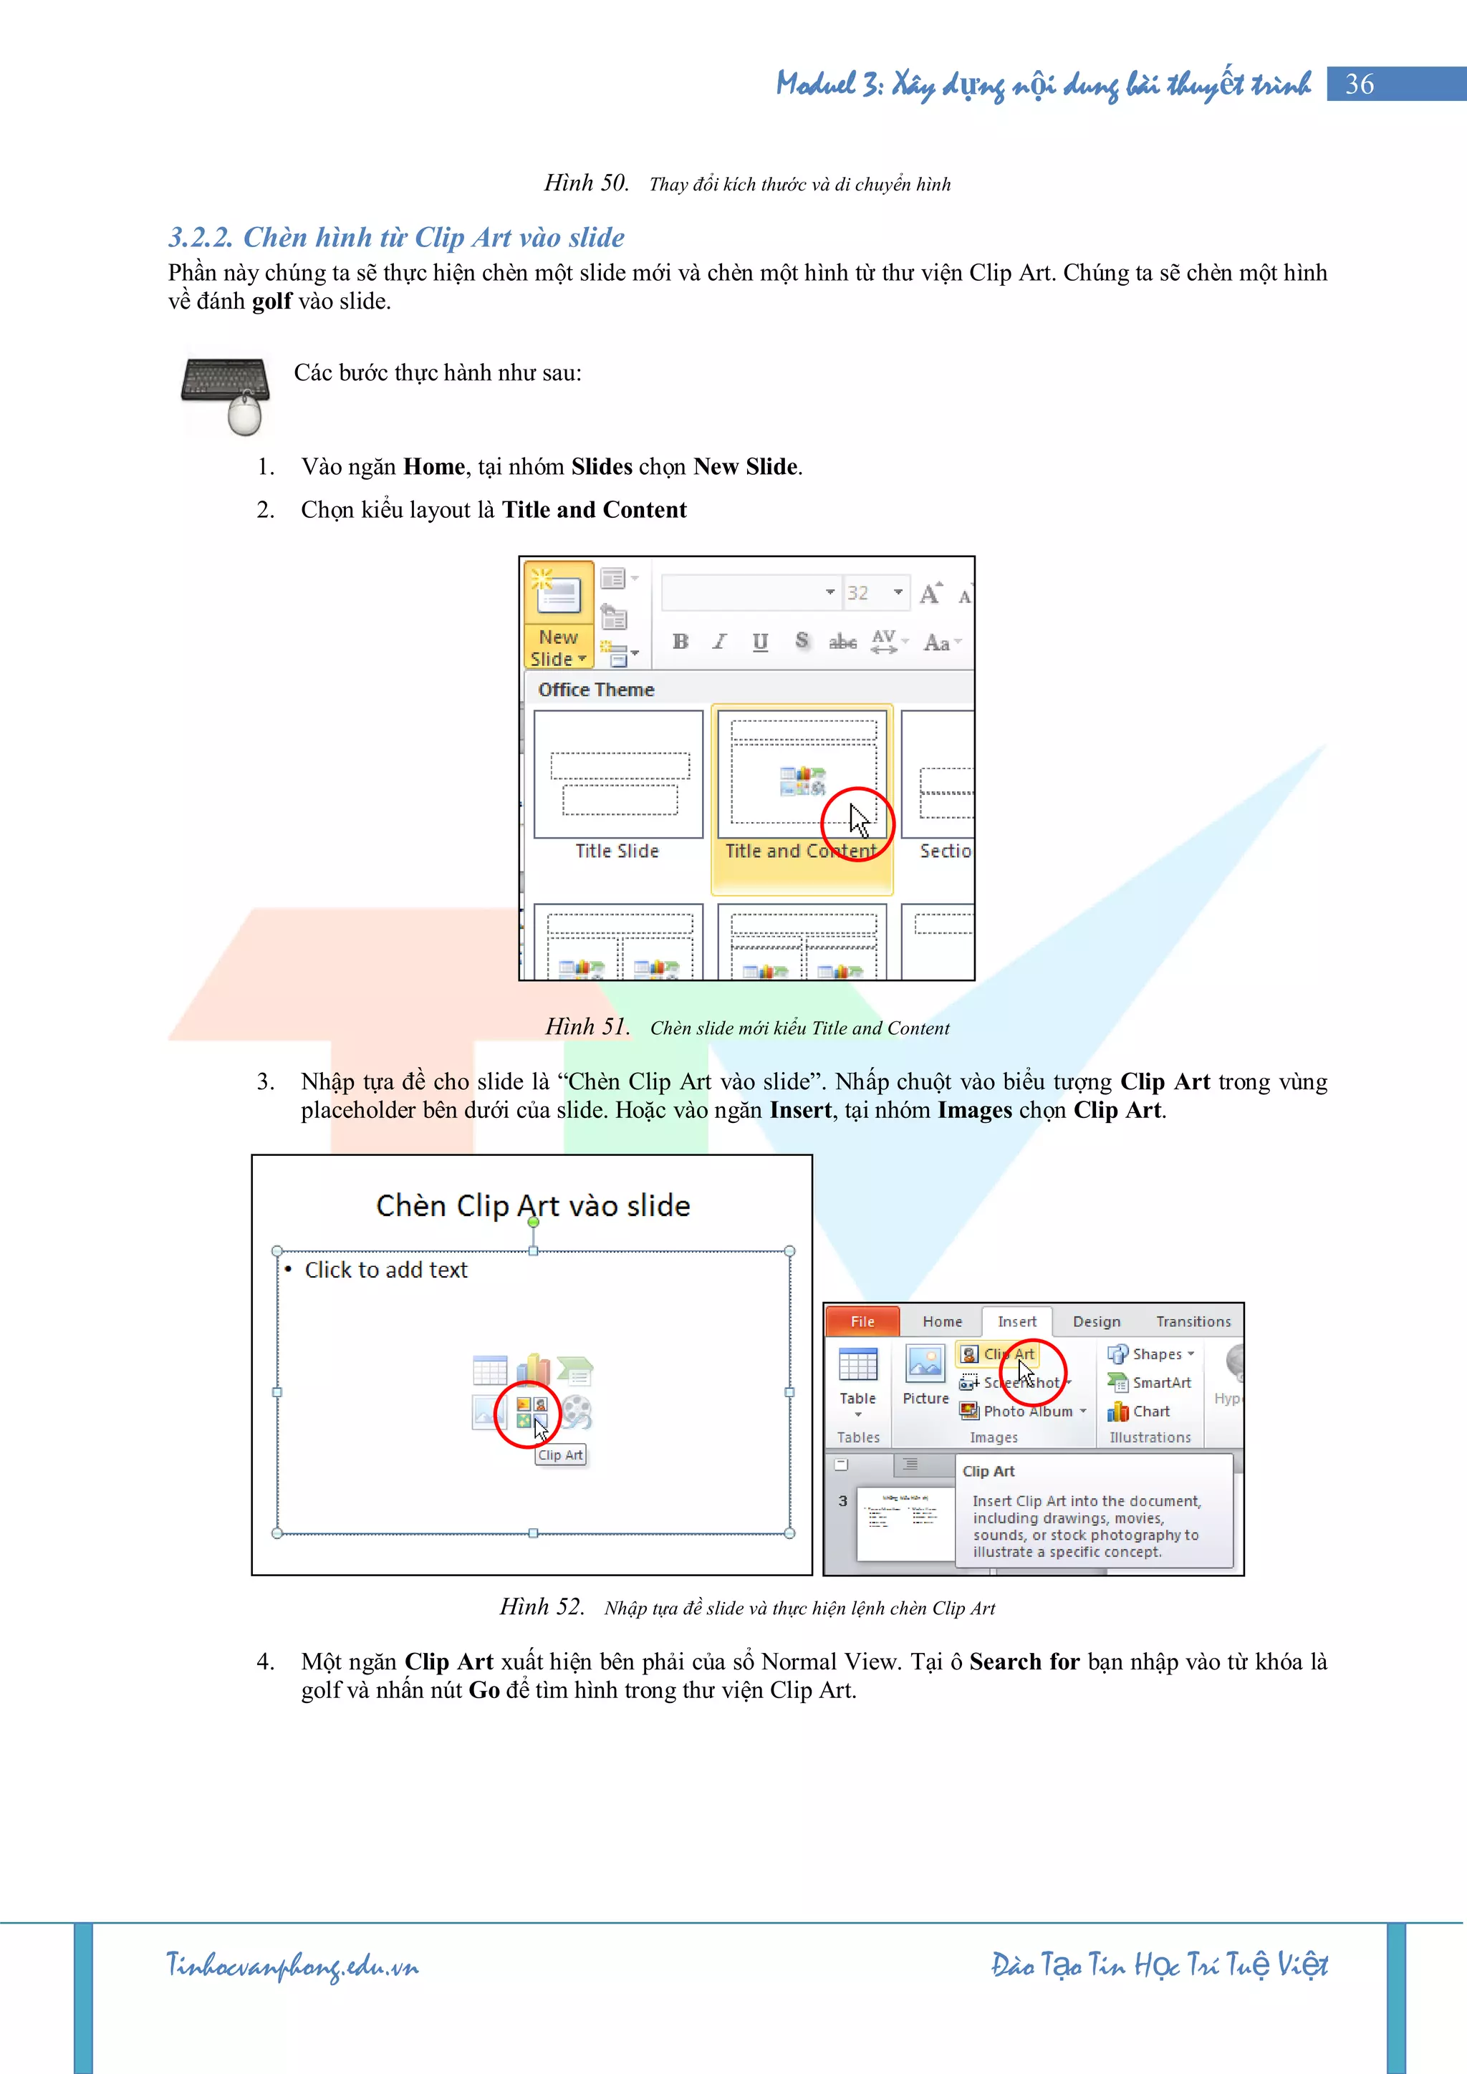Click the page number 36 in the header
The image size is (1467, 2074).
coord(1360,84)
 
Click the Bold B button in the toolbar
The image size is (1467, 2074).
coord(681,642)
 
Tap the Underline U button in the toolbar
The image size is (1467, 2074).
coord(761,642)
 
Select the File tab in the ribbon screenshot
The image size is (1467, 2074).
coord(862,1321)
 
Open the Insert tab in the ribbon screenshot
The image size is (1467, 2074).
coord(1017,1321)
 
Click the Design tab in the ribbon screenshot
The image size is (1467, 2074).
coord(1097,1321)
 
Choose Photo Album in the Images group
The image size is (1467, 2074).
coord(1021,1411)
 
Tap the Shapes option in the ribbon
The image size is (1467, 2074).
coord(1151,1353)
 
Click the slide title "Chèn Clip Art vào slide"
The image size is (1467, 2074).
coord(533,1206)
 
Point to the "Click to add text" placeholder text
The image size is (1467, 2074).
coord(385,1270)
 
